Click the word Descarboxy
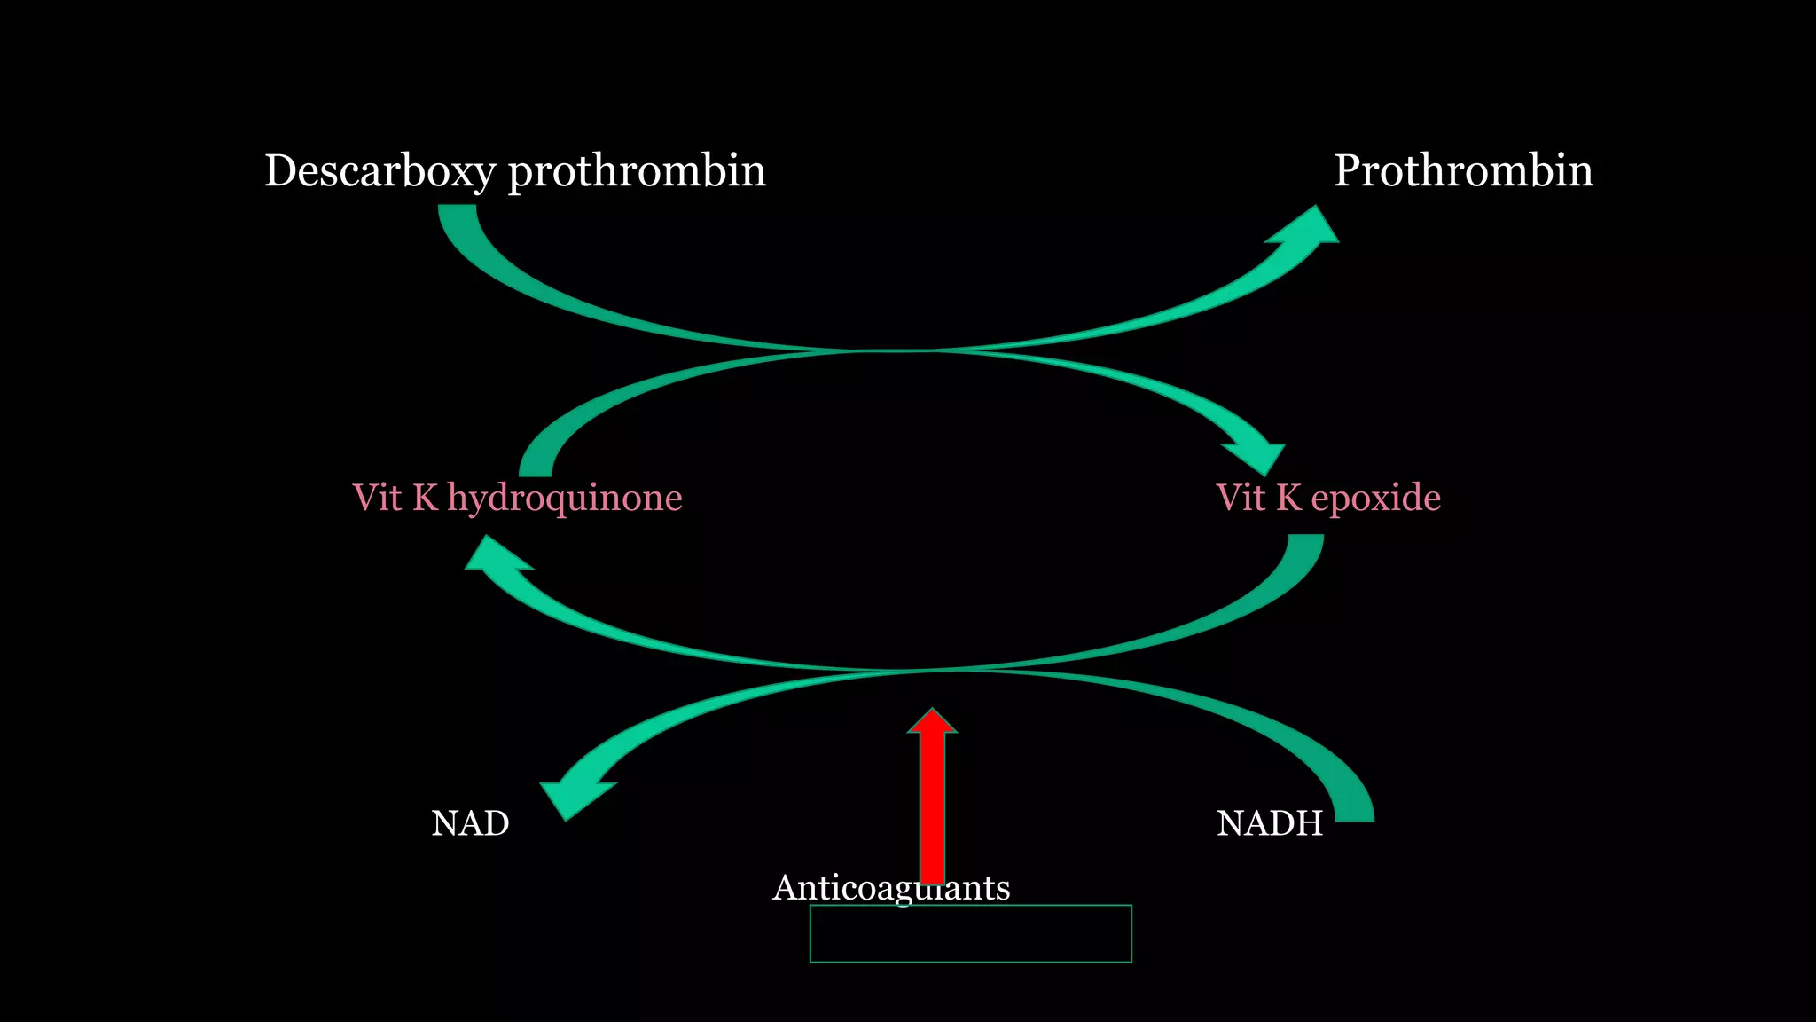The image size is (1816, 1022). click(379, 170)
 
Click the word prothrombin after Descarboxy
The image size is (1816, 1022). click(636, 170)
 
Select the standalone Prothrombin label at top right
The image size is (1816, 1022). click(1463, 170)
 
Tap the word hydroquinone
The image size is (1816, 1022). click(565, 498)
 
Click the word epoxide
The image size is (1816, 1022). click(1375, 498)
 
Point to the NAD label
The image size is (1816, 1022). click(470, 823)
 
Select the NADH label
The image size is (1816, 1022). click(1269, 823)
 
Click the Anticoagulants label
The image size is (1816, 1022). click(890, 887)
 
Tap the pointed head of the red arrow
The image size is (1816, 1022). click(932, 721)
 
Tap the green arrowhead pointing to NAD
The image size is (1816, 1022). click(572, 798)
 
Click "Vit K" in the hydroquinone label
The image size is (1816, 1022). click(395, 498)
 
